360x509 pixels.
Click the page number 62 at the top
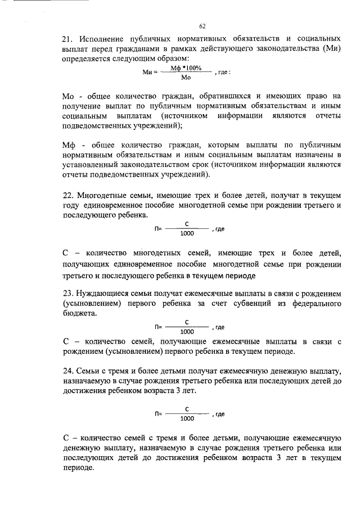202,26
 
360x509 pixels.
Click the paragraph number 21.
67,39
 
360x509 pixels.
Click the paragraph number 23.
67,294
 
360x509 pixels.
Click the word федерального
313,304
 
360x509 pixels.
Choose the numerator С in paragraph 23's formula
186,322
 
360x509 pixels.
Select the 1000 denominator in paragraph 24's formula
187,418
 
